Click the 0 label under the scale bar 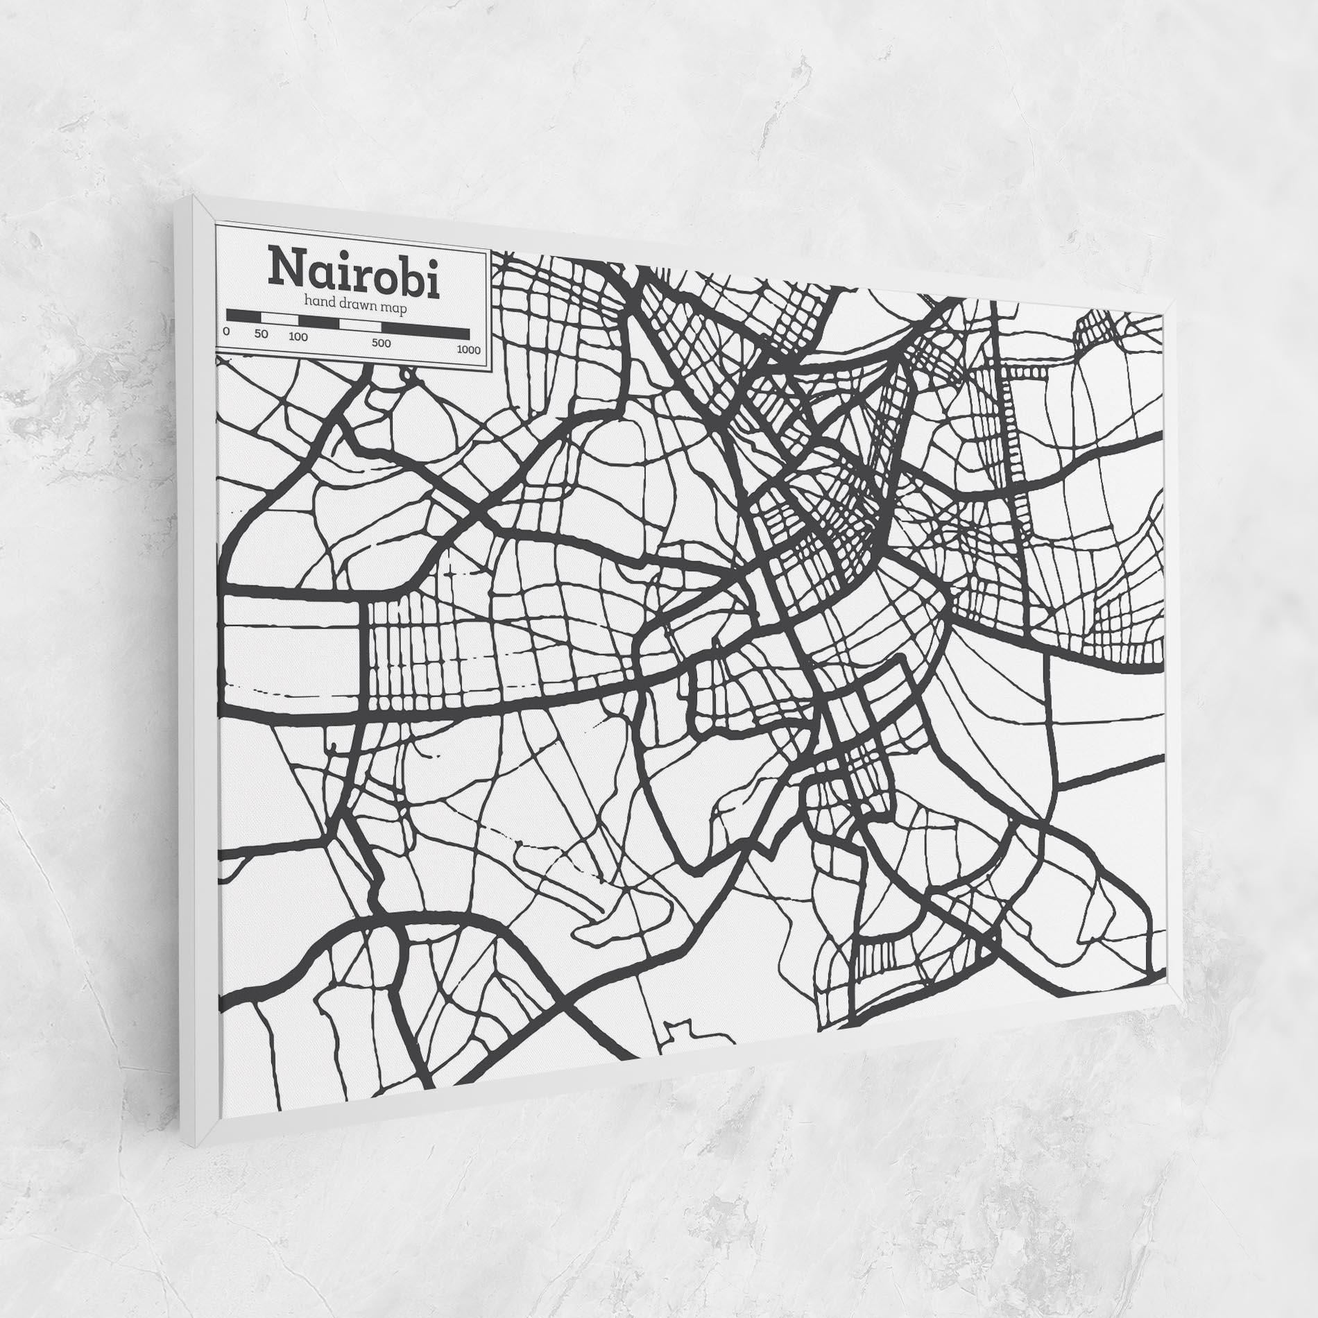click(x=227, y=332)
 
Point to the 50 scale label click(x=261, y=335)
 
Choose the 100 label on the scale click(x=298, y=339)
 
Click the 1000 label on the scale click(x=468, y=350)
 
